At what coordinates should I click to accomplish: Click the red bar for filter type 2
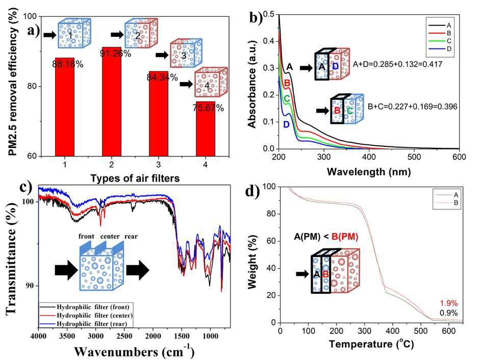[111, 101]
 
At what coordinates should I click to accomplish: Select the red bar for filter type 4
[206, 129]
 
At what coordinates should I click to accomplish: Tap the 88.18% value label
[68, 64]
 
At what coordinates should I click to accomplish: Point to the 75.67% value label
[208, 108]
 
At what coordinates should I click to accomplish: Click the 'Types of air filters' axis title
[135, 178]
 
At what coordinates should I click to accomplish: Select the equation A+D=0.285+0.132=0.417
[398, 64]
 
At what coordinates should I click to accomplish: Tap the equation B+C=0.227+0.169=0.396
[412, 107]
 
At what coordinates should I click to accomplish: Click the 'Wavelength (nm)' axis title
[369, 171]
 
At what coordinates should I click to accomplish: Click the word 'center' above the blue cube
[110, 236]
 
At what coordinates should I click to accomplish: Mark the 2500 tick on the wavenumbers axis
[124, 336]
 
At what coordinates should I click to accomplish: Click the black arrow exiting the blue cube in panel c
[138, 270]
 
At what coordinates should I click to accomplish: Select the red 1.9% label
[449, 303]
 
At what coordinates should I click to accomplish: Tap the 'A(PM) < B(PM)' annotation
[326, 237]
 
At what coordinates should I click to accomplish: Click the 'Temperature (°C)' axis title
[371, 344]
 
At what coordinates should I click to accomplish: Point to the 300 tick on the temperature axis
[365, 331]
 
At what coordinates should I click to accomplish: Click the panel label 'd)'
[252, 191]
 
